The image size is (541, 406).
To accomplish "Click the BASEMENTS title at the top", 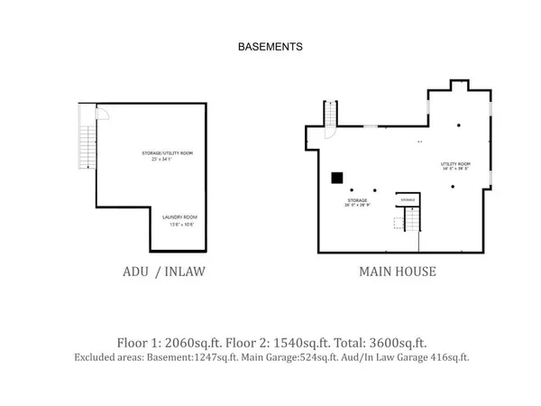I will [x=270, y=45].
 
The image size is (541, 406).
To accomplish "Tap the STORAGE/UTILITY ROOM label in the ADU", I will [x=168, y=153].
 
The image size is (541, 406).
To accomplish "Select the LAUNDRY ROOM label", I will [x=179, y=217].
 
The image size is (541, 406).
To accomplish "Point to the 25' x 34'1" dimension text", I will [x=168, y=161].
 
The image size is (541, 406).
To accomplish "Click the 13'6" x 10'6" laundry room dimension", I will [x=179, y=225].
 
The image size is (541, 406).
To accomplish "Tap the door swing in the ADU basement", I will [x=102, y=114].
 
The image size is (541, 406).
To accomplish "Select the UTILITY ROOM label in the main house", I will [x=454, y=163].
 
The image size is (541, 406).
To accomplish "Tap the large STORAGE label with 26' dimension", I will [x=358, y=200].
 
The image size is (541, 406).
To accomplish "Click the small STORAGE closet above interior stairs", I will [x=408, y=199].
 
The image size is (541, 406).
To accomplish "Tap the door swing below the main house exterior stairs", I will [x=329, y=133].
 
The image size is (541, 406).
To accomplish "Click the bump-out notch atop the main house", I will [x=458, y=86].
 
